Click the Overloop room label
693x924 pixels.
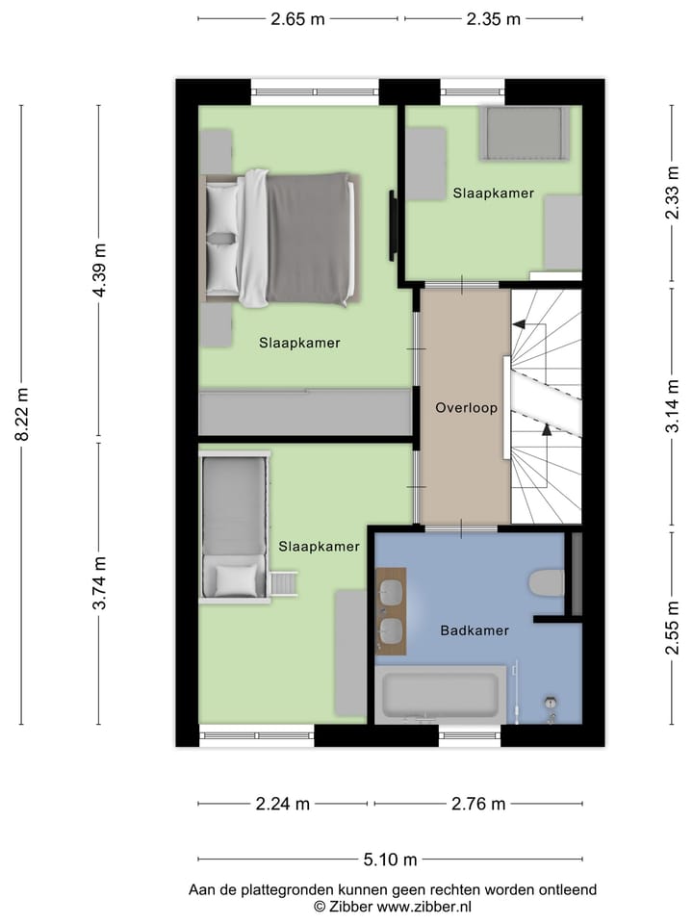tap(466, 407)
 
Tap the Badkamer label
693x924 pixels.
tap(475, 630)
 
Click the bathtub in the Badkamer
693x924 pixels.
tap(439, 695)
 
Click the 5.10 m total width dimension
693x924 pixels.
tap(390, 860)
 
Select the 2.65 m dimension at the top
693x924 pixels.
tap(297, 18)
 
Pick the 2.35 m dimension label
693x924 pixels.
tap(493, 18)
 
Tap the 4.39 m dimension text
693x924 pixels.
tap(98, 271)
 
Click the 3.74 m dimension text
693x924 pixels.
tap(98, 583)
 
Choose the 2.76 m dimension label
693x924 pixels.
tap(478, 804)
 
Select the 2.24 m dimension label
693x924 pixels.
tap(282, 804)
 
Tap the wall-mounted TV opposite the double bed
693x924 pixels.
tap(393, 225)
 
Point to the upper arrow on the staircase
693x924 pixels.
tap(520, 326)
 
